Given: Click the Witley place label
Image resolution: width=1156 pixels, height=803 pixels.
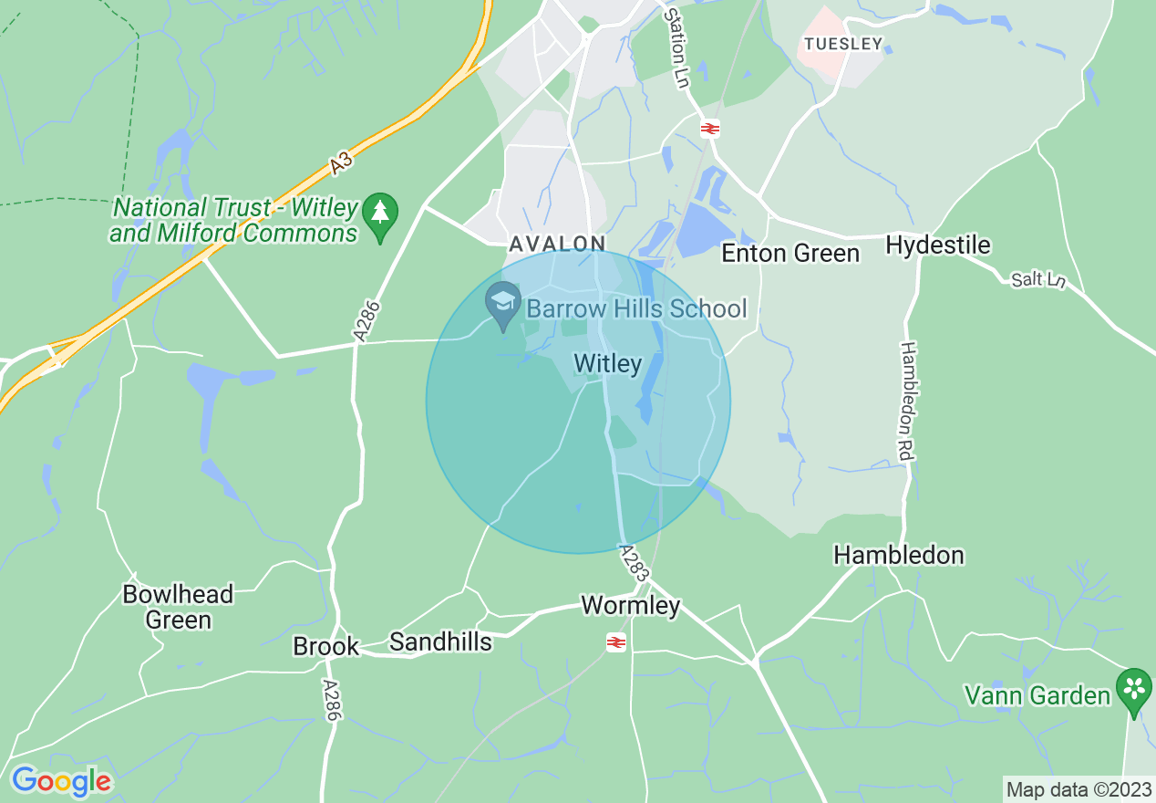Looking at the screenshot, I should point(608,364).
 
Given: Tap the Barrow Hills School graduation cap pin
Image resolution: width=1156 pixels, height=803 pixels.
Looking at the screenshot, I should point(502,306).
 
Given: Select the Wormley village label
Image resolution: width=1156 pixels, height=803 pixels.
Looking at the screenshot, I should point(631,605).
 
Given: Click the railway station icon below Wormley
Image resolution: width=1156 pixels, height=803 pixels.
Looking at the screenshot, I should point(617,643).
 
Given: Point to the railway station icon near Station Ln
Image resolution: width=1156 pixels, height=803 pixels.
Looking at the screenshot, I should point(710,129).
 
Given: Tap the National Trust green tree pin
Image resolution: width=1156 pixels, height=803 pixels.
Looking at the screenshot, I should point(380,215).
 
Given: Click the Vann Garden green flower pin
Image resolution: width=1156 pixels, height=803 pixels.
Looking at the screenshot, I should point(1134,692).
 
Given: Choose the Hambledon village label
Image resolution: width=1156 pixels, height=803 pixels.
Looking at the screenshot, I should point(898,555).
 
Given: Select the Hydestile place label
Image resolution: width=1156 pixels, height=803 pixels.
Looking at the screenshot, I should point(938,245).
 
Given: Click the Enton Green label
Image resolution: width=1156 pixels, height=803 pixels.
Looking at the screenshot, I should point(790,253).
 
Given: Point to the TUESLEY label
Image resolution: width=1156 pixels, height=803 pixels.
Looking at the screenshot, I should point(843,44).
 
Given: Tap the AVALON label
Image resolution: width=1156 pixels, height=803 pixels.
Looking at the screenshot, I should point(557,244).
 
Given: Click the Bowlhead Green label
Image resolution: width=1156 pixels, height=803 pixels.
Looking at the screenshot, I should point(178,607).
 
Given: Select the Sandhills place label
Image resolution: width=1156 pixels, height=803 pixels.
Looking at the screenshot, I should point(440,641).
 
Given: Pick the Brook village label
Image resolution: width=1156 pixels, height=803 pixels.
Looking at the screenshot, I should point(325,647).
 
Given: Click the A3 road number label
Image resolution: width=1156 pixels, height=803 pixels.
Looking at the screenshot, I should point(341,163).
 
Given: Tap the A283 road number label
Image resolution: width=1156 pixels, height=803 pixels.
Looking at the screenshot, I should point(635,563).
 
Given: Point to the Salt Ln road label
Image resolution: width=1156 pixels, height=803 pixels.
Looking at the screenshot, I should point(1038,279).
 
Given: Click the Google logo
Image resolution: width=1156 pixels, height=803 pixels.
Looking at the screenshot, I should point(61,781).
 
